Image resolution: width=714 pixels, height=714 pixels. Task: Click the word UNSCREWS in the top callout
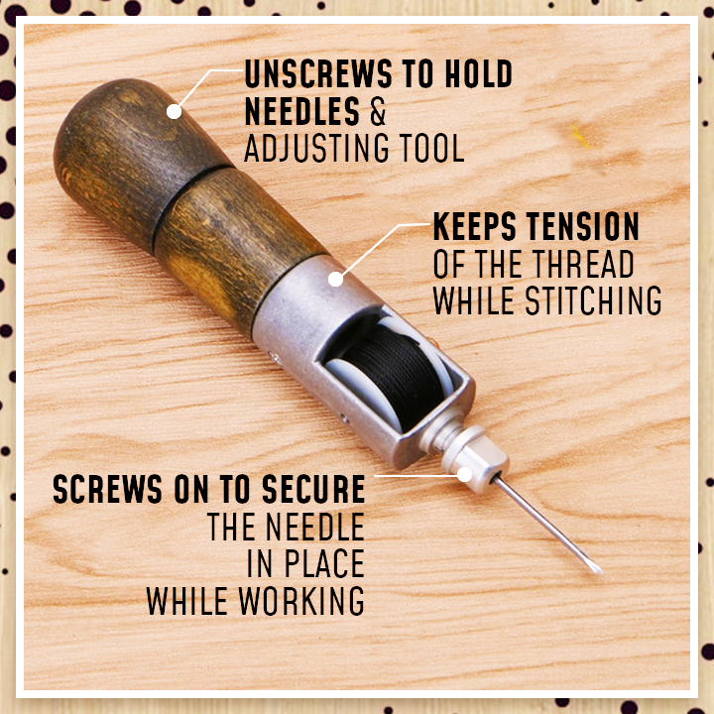(318, 73)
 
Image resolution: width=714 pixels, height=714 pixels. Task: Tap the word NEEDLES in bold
(302, 111)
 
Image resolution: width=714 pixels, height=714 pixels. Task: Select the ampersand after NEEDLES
(378, 111)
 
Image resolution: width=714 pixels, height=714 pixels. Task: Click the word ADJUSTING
(316, 148)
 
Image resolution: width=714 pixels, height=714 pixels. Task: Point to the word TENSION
(583, 226)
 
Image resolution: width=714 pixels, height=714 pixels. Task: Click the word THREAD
(583, 264)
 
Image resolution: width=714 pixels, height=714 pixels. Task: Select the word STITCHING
(593, 300)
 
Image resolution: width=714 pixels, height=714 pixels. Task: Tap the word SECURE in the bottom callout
(313, 489)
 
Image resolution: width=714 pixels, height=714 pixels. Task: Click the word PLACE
(324, 563)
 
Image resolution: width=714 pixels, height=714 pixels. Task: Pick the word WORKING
(301, 601)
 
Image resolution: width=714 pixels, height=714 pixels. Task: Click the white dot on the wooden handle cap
(174, 111)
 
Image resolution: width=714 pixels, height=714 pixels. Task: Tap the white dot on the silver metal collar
(335, 279)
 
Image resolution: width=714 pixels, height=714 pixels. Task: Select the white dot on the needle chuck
(464, 475)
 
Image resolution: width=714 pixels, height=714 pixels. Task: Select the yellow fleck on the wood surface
(580, 136)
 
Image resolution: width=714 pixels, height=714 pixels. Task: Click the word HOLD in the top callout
(479, 73)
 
